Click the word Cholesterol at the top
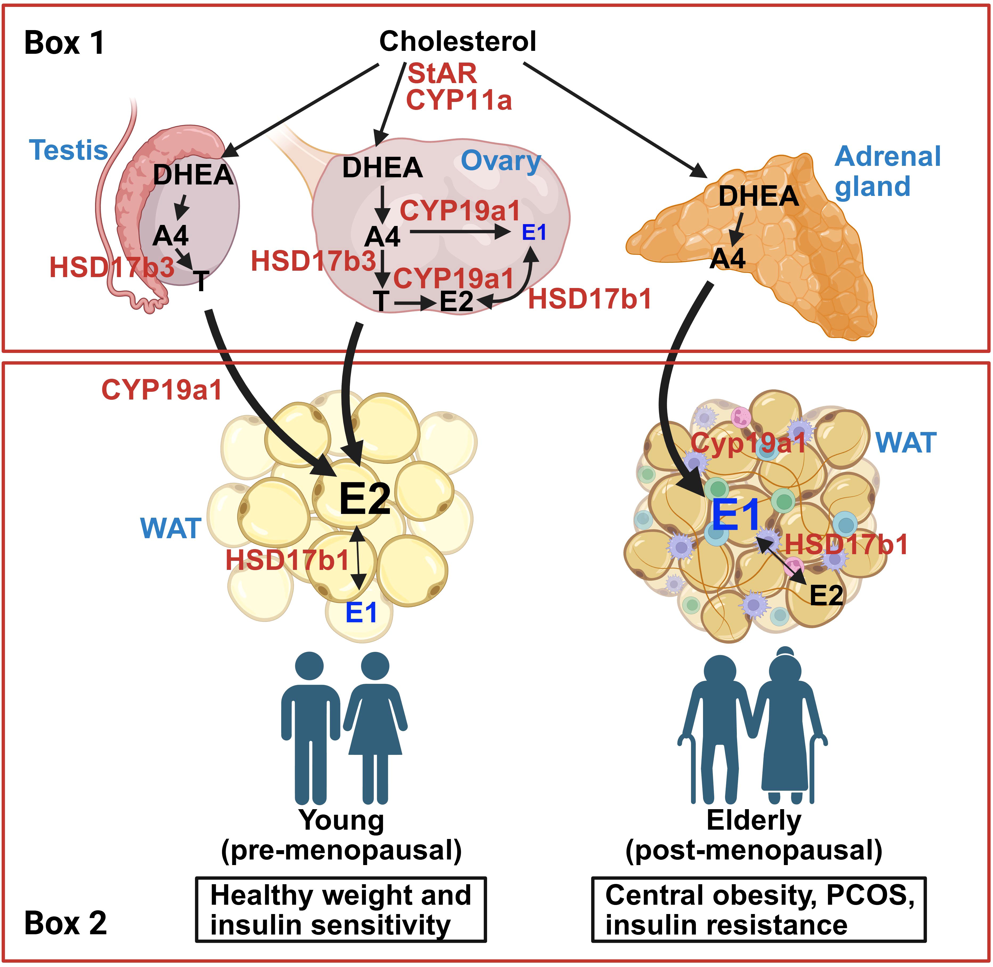coord(457,41)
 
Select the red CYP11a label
coord(458,100)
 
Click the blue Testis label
coord(69,150)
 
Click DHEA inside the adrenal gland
coord(758,196)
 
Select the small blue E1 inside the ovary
coord(534,233)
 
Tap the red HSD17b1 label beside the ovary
coord(590,299)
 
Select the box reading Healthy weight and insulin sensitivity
coord(341,910)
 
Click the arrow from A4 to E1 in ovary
coord(460,233)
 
